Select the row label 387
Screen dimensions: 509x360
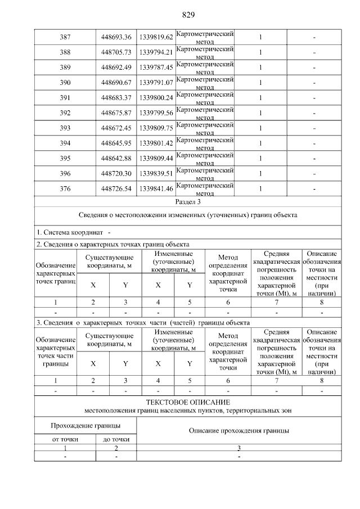click(x=65, y=37)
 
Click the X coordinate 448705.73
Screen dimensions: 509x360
click(x=116, y=52)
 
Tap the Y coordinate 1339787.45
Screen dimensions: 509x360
click(x=156, y=67)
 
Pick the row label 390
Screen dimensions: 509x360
click(x=65, y=83)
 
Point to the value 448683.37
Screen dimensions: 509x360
click(x=116, y=98)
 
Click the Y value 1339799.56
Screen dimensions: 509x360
click(x=156, y=113)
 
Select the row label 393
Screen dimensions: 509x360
click(x=65, y=128)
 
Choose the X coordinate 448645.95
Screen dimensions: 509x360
click(x=116, y=143)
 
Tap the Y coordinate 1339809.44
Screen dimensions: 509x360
click(x=156, y=159)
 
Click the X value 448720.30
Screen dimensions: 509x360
click(x=116, y=174)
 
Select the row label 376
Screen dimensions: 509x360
click(x=65, y=189)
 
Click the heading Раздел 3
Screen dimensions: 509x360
click(x=188, y=201)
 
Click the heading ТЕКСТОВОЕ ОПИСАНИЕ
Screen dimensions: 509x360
click(x=188, y=403)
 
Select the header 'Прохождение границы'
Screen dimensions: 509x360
click(x=85, y=426)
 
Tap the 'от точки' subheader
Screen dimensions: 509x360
click(x=65, y=439)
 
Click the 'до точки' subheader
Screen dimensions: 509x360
click(x=116, y=439)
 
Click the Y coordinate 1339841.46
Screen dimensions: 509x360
click(x=156, y=189)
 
